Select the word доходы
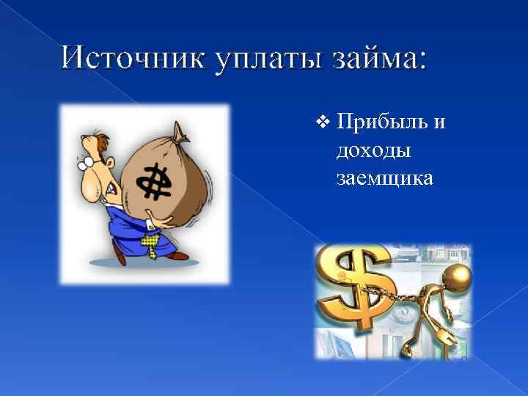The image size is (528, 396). coord(373,150)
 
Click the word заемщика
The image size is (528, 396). coord(384,177)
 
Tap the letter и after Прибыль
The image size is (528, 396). coord(439,123)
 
